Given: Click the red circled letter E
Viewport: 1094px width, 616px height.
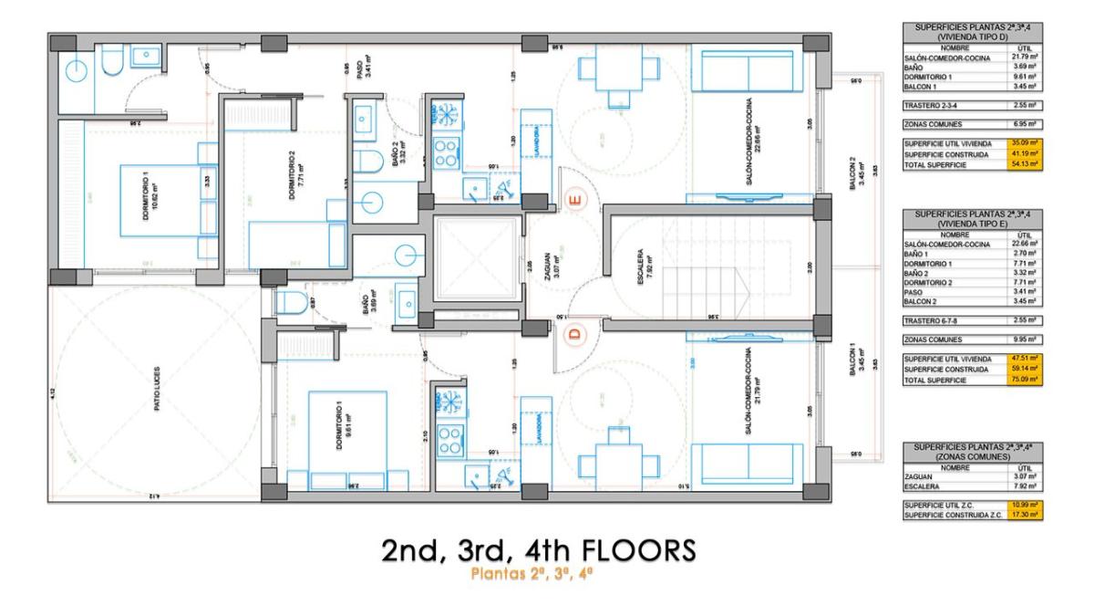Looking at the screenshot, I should pos(574,199).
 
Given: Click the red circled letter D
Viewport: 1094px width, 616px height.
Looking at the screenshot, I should pos(574,334).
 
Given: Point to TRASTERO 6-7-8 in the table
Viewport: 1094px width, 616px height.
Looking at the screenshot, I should pos(931,320).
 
